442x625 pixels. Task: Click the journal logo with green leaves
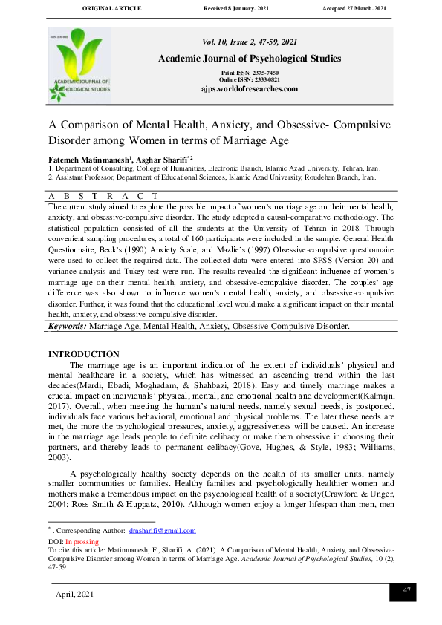[79, 65]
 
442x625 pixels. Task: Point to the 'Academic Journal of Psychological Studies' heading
[249, 59]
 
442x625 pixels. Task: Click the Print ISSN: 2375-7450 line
[249, 73]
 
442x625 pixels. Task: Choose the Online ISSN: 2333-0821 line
[249, 79]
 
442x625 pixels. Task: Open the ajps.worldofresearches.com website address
[249, 88]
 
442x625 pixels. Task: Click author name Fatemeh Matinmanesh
[89, 160]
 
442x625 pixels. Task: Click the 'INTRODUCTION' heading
[83, 354]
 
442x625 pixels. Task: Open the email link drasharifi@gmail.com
[162, 531]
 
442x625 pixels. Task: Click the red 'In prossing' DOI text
[82, 542]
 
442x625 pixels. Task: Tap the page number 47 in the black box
[406, 589]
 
